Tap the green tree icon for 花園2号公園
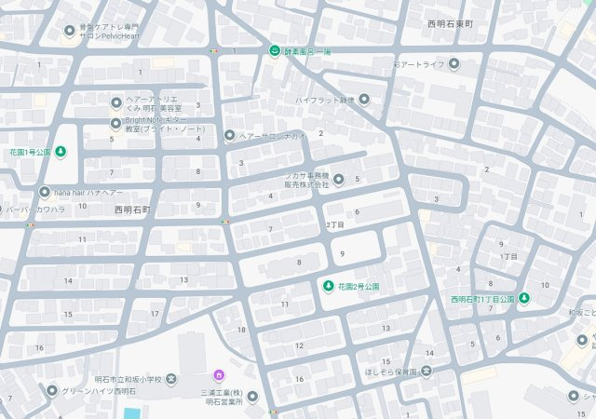pos(328,285)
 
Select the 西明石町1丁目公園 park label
pos(481,299)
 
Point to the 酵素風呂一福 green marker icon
pos(275,49)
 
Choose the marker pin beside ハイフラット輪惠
pos(364,100)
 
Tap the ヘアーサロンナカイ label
pos(272,136)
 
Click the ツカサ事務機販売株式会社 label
pos(306,180)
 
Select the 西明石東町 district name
pos(451,23)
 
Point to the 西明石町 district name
pos(132,209)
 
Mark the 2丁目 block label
pos(335,225)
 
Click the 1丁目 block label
pos(508,256)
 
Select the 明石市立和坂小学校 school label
pos(129,379)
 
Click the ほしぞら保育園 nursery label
pos(391,372)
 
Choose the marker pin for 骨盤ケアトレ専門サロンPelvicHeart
pos(70,31)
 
